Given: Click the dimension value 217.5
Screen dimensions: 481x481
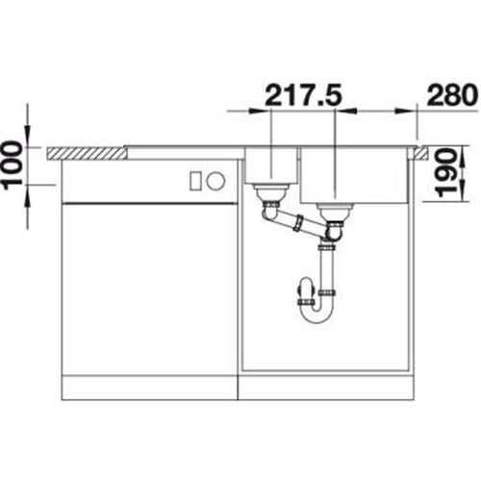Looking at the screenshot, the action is click(302, 94).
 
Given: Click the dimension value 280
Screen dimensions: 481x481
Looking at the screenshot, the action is click(451, 94).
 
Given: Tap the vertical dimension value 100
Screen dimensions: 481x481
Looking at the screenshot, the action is click(13, 164).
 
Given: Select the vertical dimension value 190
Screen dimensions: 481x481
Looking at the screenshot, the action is click(446, 173).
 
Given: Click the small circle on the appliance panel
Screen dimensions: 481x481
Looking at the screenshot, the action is click(215, 181).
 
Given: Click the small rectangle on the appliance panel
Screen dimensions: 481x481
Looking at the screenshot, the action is click(195, 181).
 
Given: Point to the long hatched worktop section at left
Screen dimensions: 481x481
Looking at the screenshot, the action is click(86, 153).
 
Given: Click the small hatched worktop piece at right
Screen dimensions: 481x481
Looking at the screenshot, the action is click(421, 153).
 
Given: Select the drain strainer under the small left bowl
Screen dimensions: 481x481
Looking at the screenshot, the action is click(268, 192).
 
